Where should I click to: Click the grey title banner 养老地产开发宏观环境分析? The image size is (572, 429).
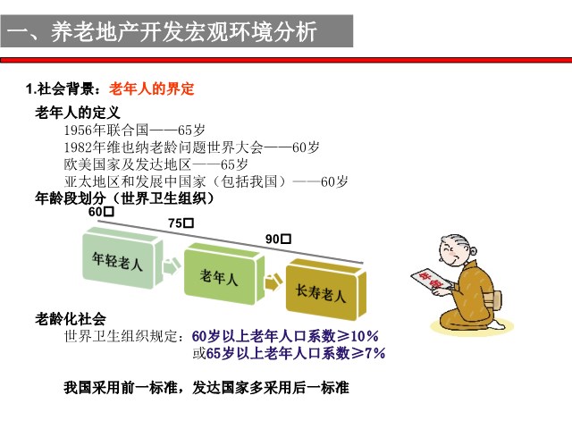(177, 31)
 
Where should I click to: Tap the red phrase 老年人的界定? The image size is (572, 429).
(151, 88)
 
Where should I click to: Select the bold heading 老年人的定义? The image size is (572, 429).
(78, 113)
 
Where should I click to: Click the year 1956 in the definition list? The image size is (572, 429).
(78, 130)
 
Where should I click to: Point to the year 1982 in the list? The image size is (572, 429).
(78, 147)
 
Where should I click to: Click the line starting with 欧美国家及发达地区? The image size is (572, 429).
(156, 164)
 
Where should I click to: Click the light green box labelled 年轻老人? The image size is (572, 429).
(122, 258)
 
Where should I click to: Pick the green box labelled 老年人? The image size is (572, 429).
(223, 274)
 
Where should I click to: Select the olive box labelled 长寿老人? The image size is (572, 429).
(325, 290)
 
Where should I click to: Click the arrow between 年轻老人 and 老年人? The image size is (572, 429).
(172, 266)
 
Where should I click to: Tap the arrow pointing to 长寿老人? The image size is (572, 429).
(273, 282)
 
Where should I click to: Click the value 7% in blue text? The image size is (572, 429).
(374, 353)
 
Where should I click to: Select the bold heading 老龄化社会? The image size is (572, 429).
(71, 319)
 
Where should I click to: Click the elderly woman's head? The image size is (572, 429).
(458, 250)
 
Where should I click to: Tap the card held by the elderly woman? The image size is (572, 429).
(432, 280)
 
